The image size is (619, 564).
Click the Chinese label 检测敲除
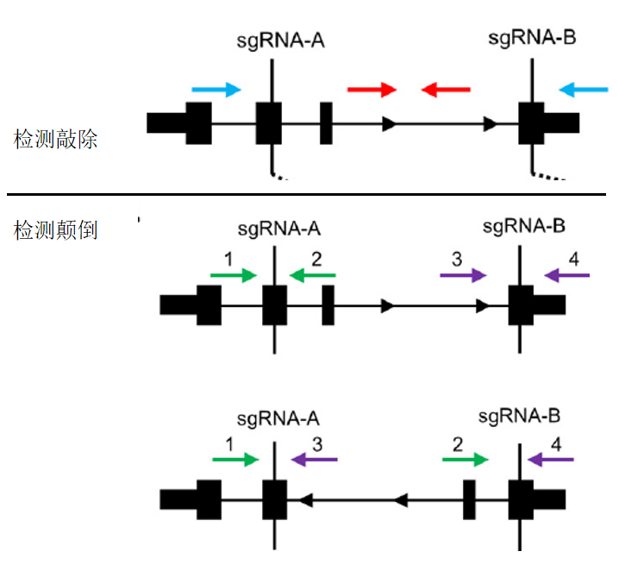[56, 139]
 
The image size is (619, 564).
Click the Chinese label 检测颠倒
[56, 231]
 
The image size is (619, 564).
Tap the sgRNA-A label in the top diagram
[274, 41]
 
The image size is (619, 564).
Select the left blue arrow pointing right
[216, 89]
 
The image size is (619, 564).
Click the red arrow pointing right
[371, 89]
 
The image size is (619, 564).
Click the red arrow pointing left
[446, 89]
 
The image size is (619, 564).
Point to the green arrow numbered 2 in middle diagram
[312, 275]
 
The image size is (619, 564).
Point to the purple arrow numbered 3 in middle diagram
[463, 275]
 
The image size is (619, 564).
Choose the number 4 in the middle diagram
[574, 258]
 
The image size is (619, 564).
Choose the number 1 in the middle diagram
[228, 258]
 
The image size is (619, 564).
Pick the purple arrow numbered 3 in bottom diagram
[314, 460]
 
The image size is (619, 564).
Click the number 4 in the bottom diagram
[556, 443]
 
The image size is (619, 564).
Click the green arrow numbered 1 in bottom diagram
[234, 460]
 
